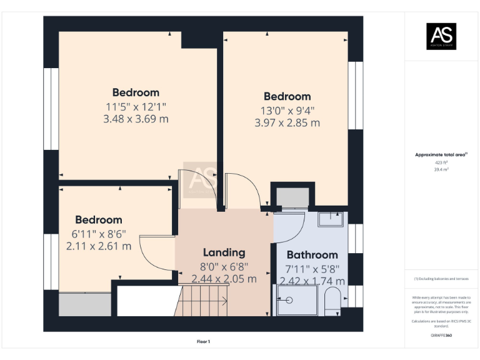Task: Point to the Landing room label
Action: tap(224, 253)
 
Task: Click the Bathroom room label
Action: tap(312, 255)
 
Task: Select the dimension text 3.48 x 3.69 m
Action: tap(136, 119)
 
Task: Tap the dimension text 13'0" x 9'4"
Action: tap(287, 111)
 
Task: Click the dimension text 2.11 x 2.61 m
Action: tap(99, 246)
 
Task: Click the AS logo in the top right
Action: tap(441, 36)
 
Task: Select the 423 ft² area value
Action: tap(441, 162)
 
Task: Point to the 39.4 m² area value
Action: tap(441, 169)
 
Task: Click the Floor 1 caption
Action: tap(203, 342)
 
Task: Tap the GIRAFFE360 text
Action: tap(441, 336)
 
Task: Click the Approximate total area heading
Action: tap(441, 154)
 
